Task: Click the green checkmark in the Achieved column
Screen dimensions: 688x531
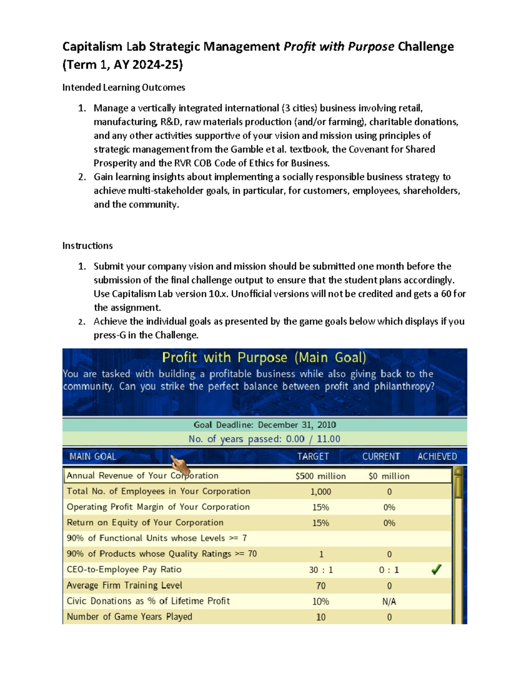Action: (x=436, y=569)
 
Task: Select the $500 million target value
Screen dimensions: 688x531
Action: (x=320, y=476)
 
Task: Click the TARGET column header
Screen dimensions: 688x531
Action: (x=313, y=456)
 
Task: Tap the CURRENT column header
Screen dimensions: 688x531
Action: (x=381, y=456)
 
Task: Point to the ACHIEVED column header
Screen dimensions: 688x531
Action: (x=437, y=456)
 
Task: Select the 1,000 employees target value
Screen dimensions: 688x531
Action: (x=320, y=492)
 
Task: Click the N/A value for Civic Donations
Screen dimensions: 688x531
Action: (x=389, y=601)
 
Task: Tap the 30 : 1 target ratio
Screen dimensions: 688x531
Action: (x=321, y=570)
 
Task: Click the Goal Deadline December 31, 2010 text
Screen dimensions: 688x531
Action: (x=265, y=425)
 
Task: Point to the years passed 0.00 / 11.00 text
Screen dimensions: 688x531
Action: (x=264, y=439)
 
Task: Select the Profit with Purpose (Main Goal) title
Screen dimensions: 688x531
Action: (x=264, y=358)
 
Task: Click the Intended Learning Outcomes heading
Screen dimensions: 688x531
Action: (x=123, y=87)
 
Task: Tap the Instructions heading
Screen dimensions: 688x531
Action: (x=88, y=245)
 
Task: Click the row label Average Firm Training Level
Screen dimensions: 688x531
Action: (x=124, y=585)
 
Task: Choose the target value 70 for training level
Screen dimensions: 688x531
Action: (x=321, y=586)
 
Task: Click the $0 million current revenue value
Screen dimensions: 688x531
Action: (x=389, y=476)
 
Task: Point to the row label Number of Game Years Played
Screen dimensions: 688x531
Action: (x=129, y=617)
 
